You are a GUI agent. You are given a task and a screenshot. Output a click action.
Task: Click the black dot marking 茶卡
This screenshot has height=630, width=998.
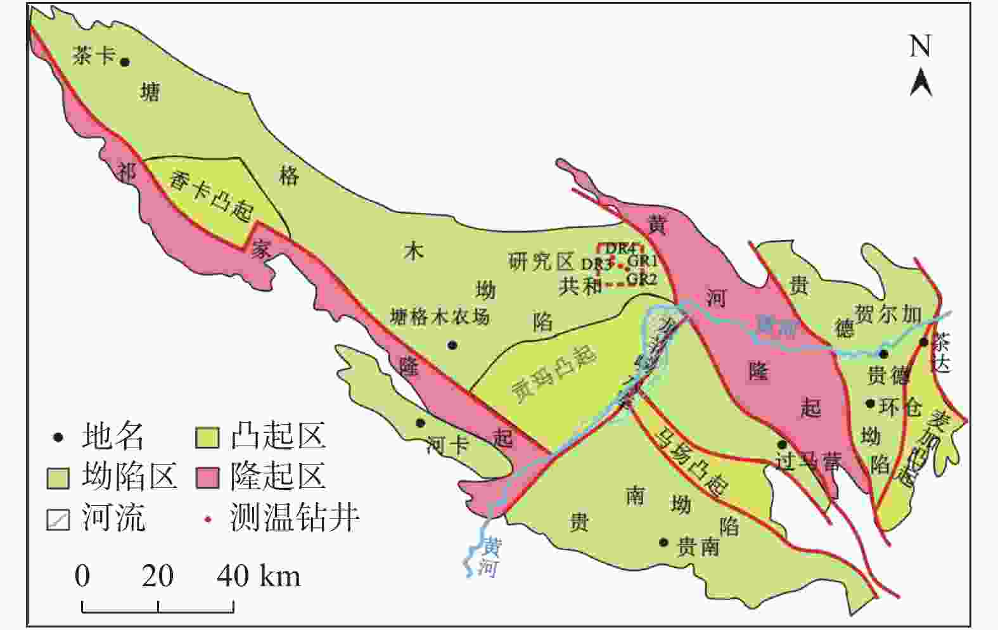[125, 62]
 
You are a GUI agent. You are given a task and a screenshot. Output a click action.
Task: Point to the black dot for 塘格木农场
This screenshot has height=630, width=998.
[452, 345]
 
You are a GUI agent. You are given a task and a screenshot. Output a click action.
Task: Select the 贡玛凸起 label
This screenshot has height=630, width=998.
[554, 374]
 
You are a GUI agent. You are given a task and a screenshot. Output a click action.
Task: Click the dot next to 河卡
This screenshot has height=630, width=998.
[419, 423]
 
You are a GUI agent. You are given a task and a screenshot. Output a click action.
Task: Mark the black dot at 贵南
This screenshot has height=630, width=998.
[663, 543]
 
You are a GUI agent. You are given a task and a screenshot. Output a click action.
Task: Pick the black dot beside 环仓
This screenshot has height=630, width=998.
[871, 404]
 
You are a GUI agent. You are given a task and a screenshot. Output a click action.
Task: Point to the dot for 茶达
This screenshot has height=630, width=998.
[924, 343]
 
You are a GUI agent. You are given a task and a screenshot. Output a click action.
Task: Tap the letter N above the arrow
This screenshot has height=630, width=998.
[920, 46]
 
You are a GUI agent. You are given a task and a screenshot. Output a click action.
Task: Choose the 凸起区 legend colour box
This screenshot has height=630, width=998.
[207, 437]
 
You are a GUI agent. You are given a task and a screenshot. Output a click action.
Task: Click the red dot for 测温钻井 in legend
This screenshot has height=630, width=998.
[207, 520]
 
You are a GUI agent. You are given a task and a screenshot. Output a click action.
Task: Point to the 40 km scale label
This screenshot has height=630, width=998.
[259, 577]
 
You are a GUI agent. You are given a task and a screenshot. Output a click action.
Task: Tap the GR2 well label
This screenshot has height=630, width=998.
[641, 278]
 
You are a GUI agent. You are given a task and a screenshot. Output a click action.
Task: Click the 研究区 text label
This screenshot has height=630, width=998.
[541, 261]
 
